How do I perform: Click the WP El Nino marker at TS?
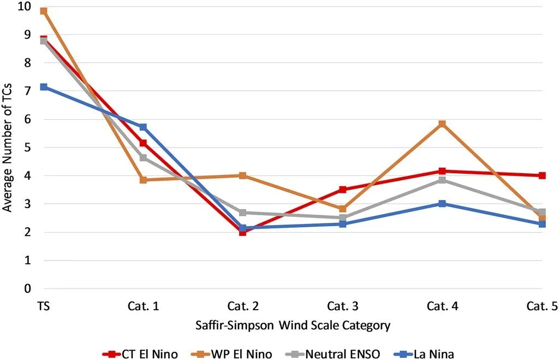coord(44,11)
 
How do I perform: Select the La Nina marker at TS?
coord(44,87)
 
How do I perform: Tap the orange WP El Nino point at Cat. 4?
coord(442,124)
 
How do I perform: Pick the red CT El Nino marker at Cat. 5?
coord(542,175)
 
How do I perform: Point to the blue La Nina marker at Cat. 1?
coord(143,127)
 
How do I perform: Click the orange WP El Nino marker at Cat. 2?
coord(243,175)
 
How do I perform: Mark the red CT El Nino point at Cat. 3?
coord(343,190)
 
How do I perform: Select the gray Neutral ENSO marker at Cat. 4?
coord(442,180)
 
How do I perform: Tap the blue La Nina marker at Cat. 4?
coord(442,204)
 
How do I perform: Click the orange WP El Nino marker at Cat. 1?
coord(143,180)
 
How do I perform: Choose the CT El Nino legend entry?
coord(140,354)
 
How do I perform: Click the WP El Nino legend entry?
coord(231,354)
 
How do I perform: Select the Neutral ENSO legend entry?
coord(333,354)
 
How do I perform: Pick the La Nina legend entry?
coord(424,354)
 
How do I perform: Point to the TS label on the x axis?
coord(44,306)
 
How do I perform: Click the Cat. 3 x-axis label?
coord(343,306)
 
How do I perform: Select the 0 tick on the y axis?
coord(27,288)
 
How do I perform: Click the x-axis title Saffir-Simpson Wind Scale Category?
coord(293,326)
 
